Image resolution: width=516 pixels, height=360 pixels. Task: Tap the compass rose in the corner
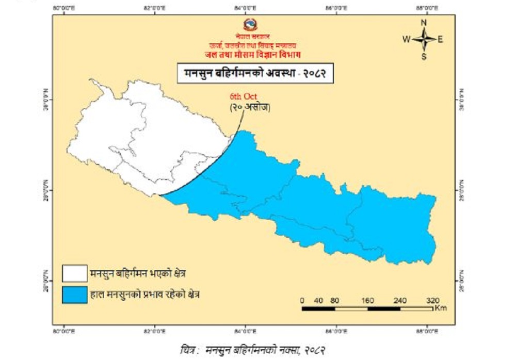click(x=424, y=39)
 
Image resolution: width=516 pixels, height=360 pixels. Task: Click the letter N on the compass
click(x=424, y=23)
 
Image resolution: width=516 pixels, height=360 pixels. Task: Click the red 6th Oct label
click(x=243, y=97)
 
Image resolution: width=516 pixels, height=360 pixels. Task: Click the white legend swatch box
click(x=74, y=272)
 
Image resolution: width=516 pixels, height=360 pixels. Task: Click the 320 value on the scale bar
click(x=432, y=300)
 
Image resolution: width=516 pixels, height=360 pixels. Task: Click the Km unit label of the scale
click(x=440, y=308)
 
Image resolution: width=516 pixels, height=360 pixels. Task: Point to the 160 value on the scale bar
click(x=368, y=300)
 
